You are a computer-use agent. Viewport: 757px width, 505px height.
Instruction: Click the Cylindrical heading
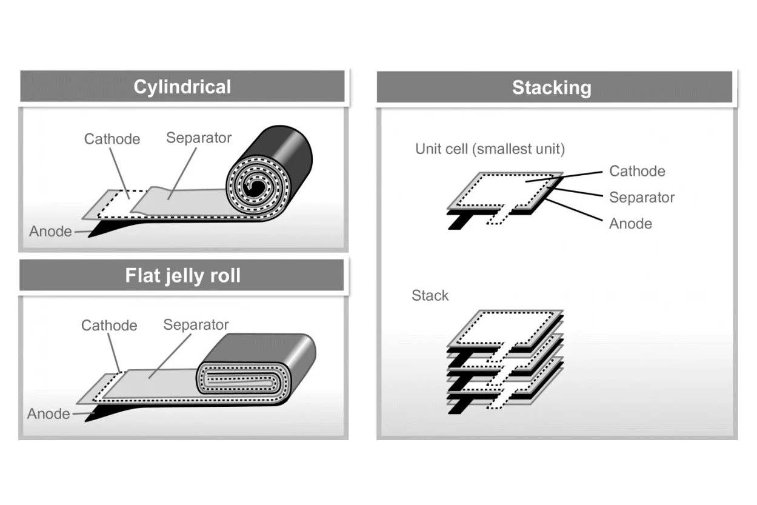[182, 87]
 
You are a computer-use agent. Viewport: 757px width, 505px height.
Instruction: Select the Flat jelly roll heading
[182, 276]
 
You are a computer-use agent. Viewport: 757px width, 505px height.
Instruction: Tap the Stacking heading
[551, 87]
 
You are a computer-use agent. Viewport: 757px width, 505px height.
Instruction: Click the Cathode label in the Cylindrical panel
[112, 139]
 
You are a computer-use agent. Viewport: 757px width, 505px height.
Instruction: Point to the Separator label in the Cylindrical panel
[199, 138]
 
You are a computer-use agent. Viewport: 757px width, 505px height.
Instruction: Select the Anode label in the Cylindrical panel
[50, 232]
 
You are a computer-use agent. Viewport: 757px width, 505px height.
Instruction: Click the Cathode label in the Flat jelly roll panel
[109, 326]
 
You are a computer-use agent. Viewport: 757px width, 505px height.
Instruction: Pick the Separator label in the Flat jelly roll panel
[196, 325]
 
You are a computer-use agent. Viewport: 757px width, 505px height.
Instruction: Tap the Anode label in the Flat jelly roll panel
[48, 414]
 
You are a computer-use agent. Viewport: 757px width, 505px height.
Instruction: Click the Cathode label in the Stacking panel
[637, 171]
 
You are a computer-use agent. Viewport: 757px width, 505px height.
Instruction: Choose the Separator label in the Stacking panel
[641, 198]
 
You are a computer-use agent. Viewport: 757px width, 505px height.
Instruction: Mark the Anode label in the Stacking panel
[630, 224]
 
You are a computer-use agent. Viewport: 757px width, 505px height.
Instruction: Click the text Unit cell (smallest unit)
[490, 149]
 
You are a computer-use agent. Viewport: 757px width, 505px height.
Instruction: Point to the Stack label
[430, 296]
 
